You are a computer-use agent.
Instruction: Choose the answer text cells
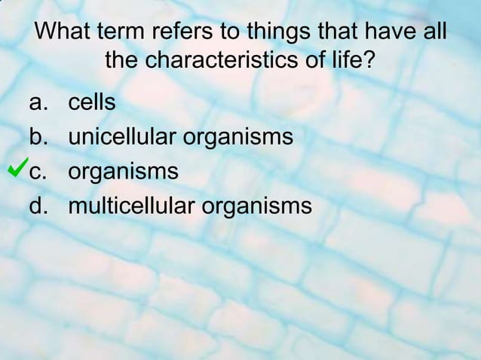pos(92,102)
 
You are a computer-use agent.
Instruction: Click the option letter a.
pos(36,102)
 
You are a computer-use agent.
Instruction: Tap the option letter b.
pos(36,137)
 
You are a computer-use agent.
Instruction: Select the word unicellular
pos(124,137)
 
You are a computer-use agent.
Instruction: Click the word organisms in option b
pos(239,139)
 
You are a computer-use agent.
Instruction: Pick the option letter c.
pos(36,172)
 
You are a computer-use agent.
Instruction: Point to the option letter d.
pos(36,206)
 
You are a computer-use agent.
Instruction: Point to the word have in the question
pos(391,33)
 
